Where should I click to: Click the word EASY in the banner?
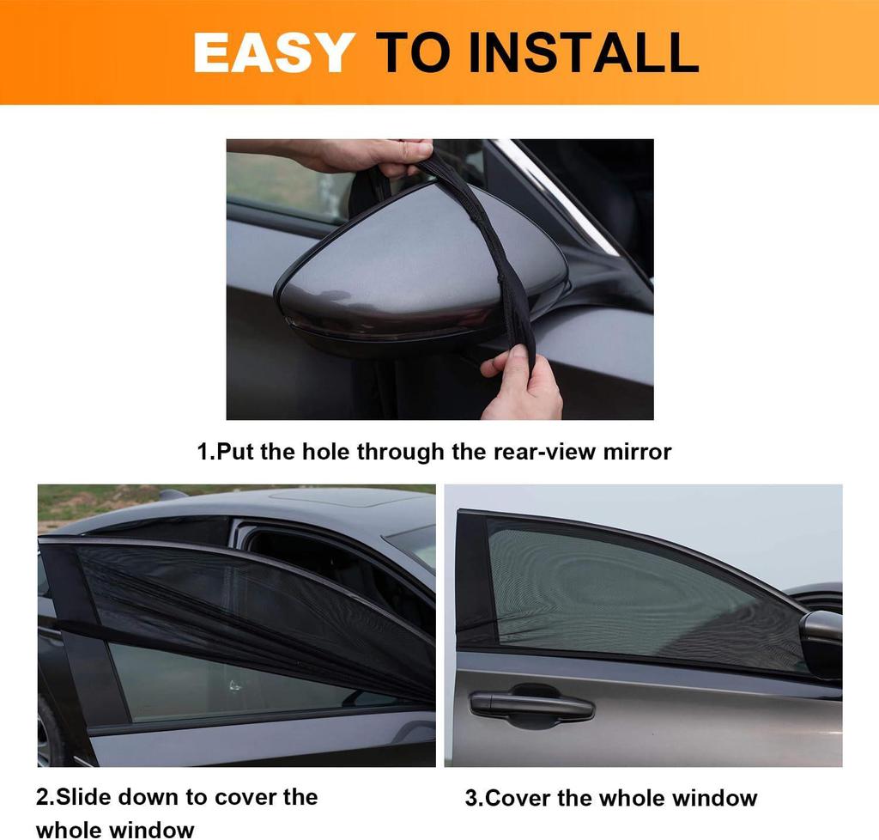(274, 52)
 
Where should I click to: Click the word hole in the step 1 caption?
(326, 452)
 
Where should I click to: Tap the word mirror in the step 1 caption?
(637, 452)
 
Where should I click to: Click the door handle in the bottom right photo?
(532, 706)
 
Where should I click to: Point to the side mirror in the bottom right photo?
(822, 640)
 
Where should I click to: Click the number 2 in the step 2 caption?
(43, 797)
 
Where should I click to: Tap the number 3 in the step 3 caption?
(471, 799)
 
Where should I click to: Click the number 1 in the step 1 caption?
(203, 452)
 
